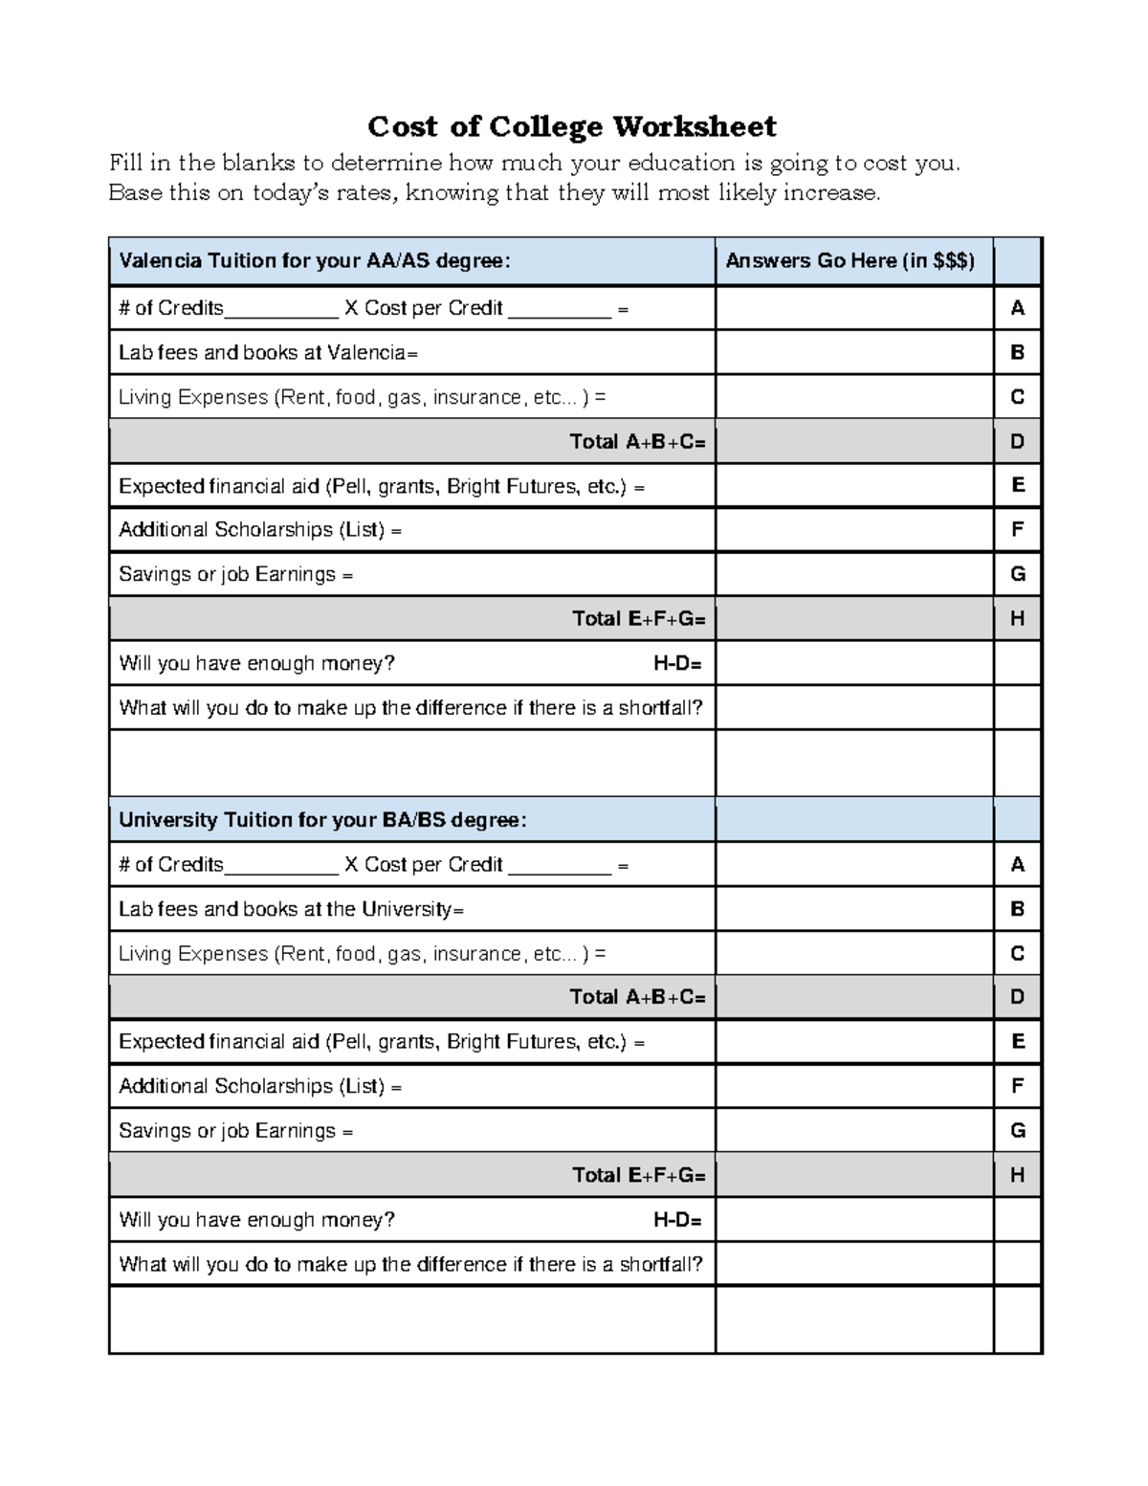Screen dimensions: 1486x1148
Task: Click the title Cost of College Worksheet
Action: pyautogui.click(x=572, y=126)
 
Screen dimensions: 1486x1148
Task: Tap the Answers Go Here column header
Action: pyautogui.click(x=850, y=260)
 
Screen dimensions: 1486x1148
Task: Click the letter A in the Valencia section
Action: pyautogui.click(x=1017, y=308)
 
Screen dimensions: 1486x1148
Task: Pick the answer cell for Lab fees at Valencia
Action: pyautogui.click(x=853, y=352)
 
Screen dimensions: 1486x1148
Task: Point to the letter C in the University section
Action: pyautogui.click(x=1017, y=953)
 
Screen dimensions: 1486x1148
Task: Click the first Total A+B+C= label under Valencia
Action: pyautogui.click(x=637, y=441)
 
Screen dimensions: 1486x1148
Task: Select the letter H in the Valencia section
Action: pyautogui.click(x=1017, y=619)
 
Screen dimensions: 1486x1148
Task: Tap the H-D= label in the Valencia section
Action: pyautogui.click(x=677, y=663)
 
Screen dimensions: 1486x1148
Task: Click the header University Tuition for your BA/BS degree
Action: pyautogui.click(x=322, y=820)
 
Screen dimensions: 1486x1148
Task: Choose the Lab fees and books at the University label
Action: pyautogui.click(x=291, y=909)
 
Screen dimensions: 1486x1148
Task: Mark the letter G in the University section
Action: pyautogui.click(x=1017, y=1131)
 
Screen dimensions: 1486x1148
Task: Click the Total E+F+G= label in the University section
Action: pyautogui.click(x=638, y=1175)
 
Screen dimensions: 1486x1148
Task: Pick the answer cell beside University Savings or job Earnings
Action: pyautogui.click(x=853, y=1131)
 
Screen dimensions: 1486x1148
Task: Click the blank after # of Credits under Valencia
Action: pyautogui.click(x=280, y=310)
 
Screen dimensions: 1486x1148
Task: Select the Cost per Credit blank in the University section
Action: pyautogui.click(x=559, y=867)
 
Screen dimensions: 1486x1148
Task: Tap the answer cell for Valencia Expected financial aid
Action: pyautogui.click(x=853, y=486)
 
